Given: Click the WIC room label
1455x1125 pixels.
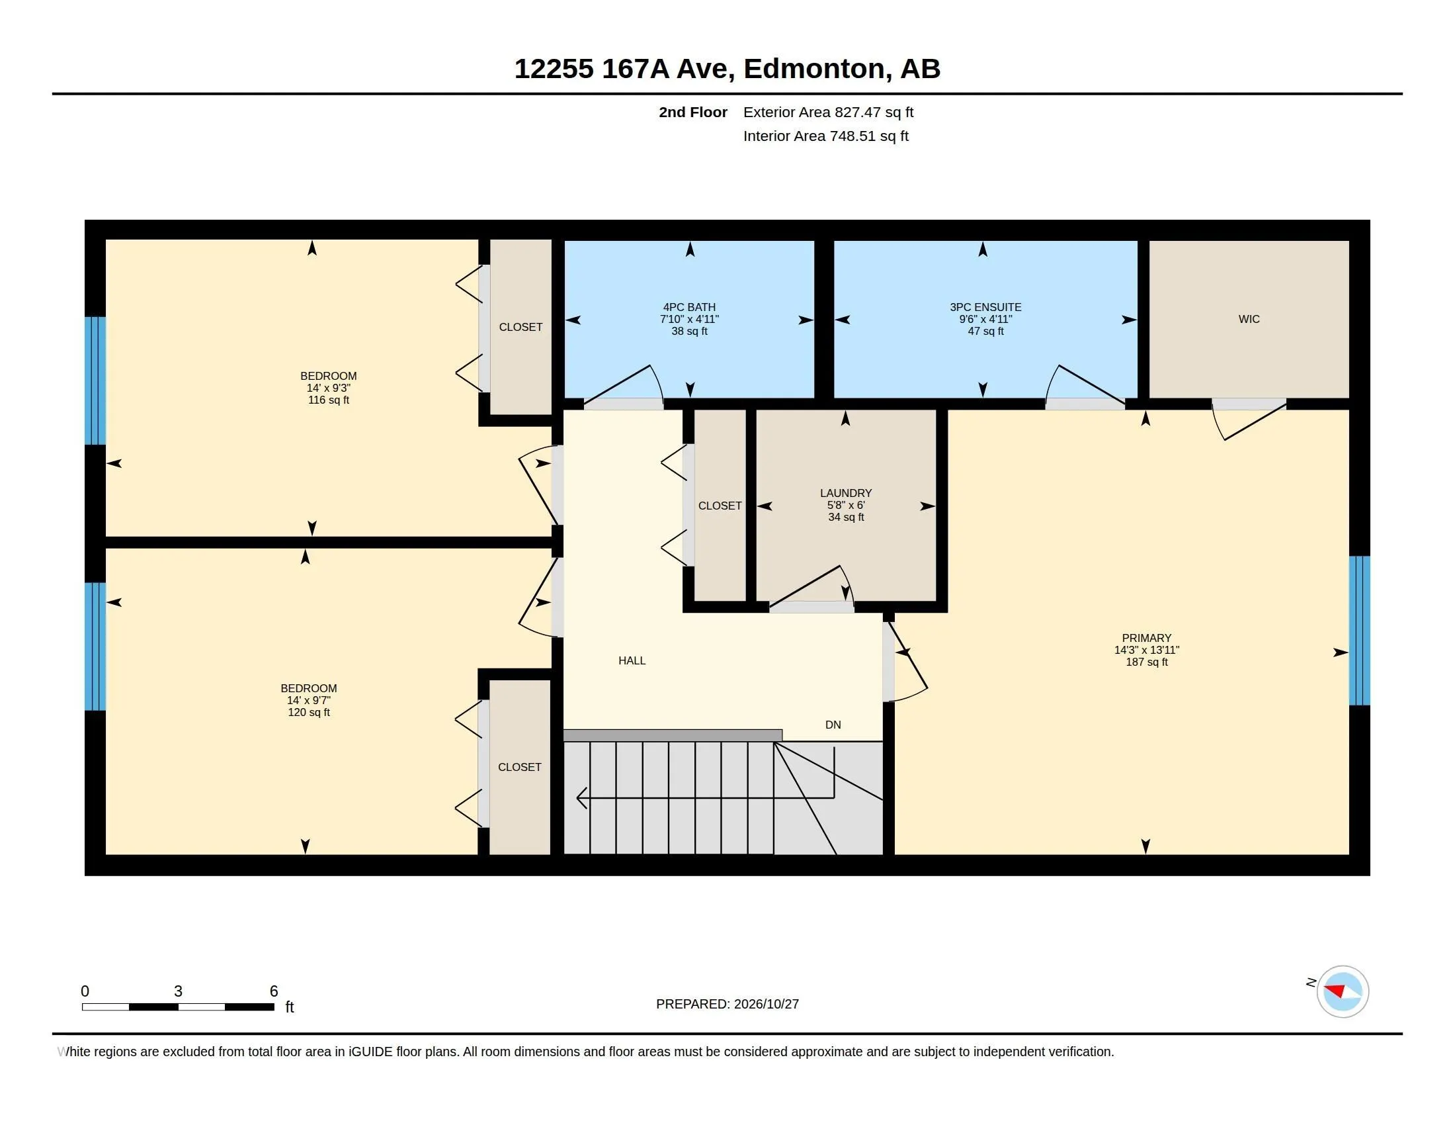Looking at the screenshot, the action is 1249,319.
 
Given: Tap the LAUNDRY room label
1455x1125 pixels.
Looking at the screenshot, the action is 846,493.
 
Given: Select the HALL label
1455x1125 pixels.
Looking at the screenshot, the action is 632,660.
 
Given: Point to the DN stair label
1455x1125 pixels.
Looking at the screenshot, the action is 833,725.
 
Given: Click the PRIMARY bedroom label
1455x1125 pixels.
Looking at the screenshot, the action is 1147,638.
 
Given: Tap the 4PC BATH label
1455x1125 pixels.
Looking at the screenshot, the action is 690,307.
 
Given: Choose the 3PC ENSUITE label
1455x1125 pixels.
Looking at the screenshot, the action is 985,307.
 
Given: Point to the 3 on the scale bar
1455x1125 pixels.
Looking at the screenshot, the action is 178,991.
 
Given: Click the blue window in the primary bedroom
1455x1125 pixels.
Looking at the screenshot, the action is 1360,631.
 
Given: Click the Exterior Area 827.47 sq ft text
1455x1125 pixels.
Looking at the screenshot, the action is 828,112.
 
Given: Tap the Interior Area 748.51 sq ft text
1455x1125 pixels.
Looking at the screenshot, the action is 826,136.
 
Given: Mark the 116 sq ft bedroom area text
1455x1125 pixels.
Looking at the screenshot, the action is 329,400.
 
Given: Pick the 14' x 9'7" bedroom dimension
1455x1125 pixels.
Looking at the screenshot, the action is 308,700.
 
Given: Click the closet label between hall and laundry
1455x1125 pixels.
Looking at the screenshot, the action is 720,506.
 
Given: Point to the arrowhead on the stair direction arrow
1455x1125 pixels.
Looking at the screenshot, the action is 581,797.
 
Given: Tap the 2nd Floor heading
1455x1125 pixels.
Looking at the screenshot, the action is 693,112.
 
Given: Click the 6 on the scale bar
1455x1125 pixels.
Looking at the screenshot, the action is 274,991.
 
